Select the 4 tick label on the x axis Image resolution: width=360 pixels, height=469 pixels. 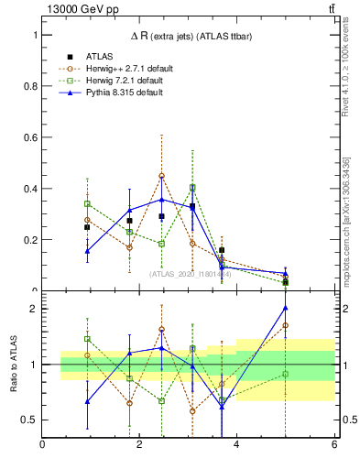(236, 445)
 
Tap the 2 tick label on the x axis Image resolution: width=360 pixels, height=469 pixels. (139, 445)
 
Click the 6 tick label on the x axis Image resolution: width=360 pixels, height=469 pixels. (333, 445)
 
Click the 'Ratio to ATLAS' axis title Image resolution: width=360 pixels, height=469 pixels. (12, 365)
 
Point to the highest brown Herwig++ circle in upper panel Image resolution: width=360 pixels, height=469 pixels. (161, 176)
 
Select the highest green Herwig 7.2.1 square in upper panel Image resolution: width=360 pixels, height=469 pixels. (192, 188)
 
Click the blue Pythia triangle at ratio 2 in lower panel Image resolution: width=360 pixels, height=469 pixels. (286, 308)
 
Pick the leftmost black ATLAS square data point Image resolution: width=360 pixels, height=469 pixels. (87, 227)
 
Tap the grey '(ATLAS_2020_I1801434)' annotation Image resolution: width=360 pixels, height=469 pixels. (191, 273)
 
